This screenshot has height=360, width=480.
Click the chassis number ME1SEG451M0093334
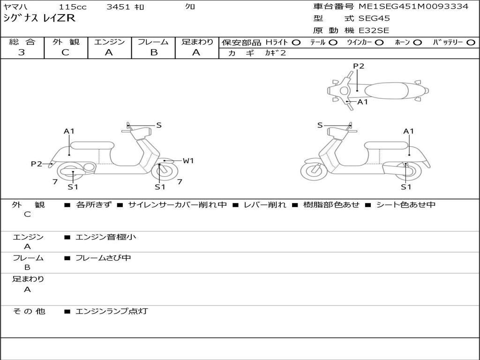pos(413,7)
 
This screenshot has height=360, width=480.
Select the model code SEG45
pos(374,19)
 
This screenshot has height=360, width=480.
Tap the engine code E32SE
pos(374,31)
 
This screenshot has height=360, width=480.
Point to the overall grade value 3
pos(22,52)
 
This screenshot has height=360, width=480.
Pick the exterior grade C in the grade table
pos(65,52)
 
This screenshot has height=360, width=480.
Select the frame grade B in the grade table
pos(154,52)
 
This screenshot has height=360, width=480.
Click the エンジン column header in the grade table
pos(109,42)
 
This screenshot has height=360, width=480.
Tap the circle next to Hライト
pos(296,42)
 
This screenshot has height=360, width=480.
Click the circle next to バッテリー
pos(471,42)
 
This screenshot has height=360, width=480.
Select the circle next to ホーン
pos(418,42)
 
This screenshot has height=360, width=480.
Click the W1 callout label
pos(188,161)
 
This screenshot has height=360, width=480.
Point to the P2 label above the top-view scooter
pos(359,66)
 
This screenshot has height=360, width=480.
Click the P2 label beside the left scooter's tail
pos(36,164)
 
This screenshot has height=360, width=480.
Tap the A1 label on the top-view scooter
pos(362,102)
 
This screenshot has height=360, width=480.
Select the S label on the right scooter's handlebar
pos(320,125)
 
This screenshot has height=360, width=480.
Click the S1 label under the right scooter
pos(406,187)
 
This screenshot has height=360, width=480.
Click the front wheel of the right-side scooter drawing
pos(313,172)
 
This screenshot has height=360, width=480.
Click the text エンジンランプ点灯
pos(112,311)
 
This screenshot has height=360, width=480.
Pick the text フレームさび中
pos(103,258)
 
